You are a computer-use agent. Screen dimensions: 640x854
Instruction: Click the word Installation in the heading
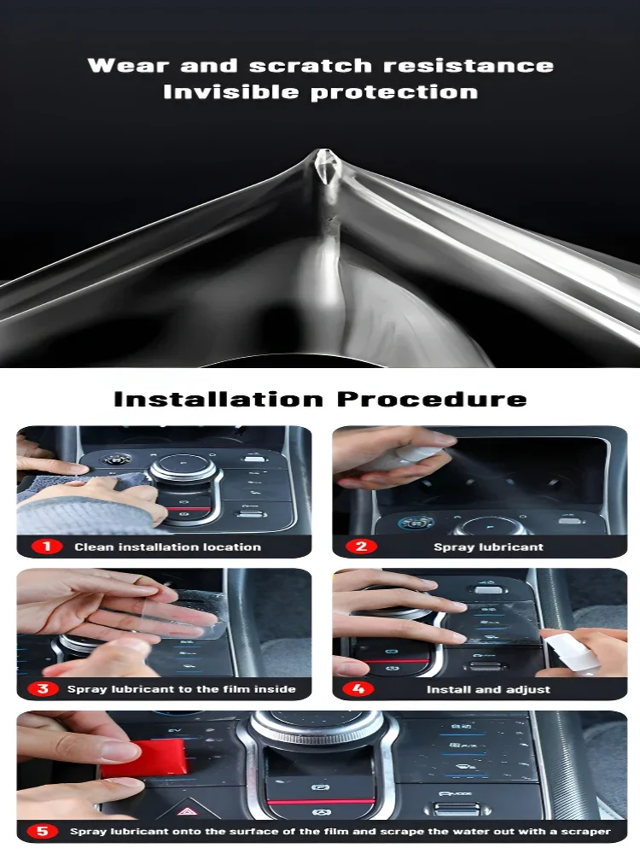click(218, 399)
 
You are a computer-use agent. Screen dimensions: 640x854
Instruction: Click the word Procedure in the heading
click(432, 399)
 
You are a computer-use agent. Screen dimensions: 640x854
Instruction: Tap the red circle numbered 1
click(47, 547)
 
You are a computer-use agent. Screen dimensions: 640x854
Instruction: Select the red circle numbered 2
click(361, 547)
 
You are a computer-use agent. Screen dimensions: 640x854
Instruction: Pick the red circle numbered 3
click(43, 689)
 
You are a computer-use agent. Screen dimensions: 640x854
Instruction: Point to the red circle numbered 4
click(358, 689)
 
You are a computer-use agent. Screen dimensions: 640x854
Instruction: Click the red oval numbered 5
click(43, 831)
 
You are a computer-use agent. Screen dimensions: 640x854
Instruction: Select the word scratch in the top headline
click(311, 66)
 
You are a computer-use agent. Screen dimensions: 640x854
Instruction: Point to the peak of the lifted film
click(325, 151)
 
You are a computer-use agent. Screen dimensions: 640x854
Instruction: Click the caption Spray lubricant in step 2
click(488, 547)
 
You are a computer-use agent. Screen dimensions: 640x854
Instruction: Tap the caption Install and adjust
click(488, 689)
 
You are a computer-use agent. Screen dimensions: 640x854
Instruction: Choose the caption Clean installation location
click(167, 547)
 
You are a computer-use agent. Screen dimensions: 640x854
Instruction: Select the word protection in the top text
click(394, 92)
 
